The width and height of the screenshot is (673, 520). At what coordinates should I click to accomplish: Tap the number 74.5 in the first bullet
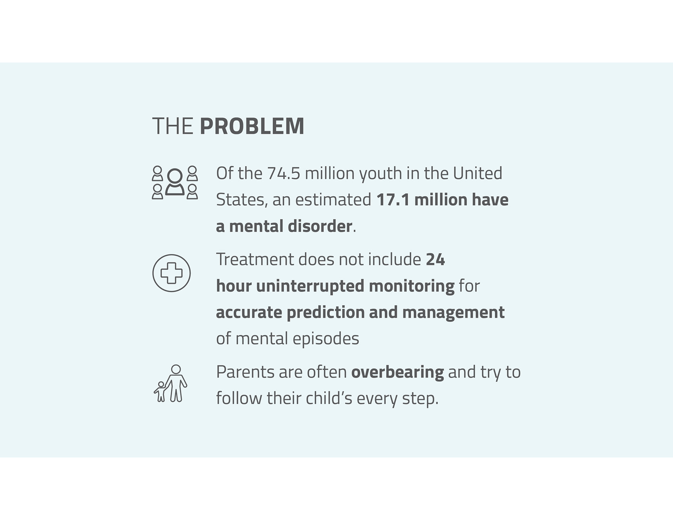coord(284,173)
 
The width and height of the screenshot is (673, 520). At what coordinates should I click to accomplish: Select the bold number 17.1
coord(393,199)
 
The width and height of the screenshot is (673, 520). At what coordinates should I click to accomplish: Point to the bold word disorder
coord(320,226)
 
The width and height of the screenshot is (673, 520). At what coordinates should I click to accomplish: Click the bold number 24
coord(435,259)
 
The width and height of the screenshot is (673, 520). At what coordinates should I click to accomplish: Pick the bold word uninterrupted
coord(310,286)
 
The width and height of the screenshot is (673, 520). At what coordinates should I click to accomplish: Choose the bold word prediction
coord(325,313)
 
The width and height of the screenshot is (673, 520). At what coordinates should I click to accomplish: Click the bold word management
coord(454,313)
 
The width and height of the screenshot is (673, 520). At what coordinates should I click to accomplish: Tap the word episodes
coord(326,339)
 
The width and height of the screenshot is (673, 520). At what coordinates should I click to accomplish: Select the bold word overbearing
coord(397,372)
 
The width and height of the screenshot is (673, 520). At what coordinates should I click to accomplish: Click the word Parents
coord(245,372)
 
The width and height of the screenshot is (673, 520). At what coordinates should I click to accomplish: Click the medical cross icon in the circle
coord(171,273)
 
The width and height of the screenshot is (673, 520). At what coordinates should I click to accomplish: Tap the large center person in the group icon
coord(175,182)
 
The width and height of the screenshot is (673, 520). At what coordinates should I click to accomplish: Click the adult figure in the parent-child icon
coord(176,383)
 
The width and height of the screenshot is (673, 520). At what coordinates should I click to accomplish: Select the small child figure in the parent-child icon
coord(161,392)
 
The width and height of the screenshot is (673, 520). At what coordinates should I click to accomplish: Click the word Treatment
coord(255,259)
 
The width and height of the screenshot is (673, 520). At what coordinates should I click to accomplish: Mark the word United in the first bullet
coord(477,173)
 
